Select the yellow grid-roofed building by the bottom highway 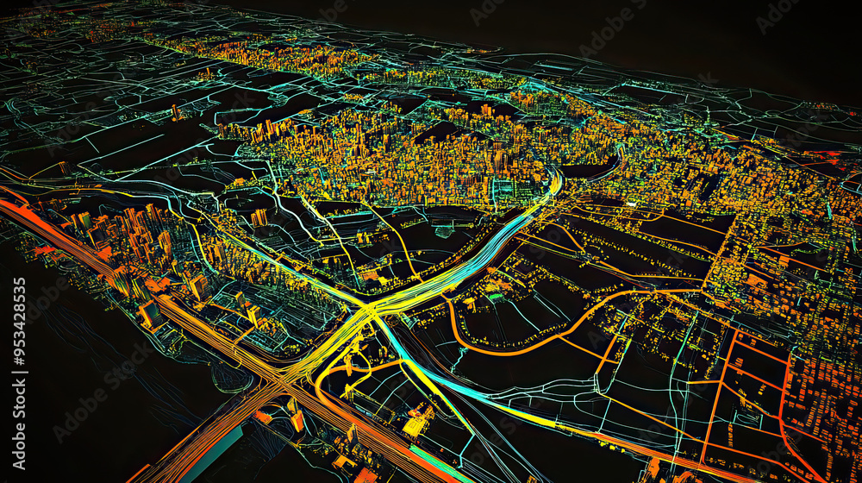pos(418,423)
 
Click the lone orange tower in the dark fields pos(176,112)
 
